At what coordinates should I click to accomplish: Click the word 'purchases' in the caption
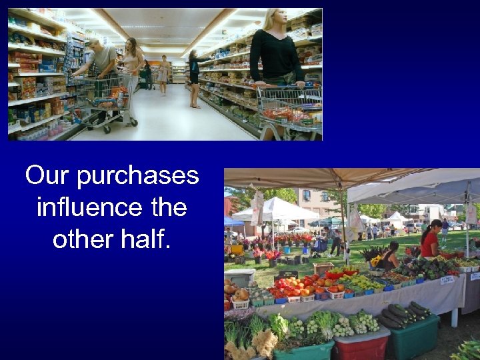point(138,176)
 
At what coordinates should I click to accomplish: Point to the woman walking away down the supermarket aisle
point(163,74)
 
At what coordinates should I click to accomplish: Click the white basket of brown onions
point(239,297)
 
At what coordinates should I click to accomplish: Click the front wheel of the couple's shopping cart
point(133,122)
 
